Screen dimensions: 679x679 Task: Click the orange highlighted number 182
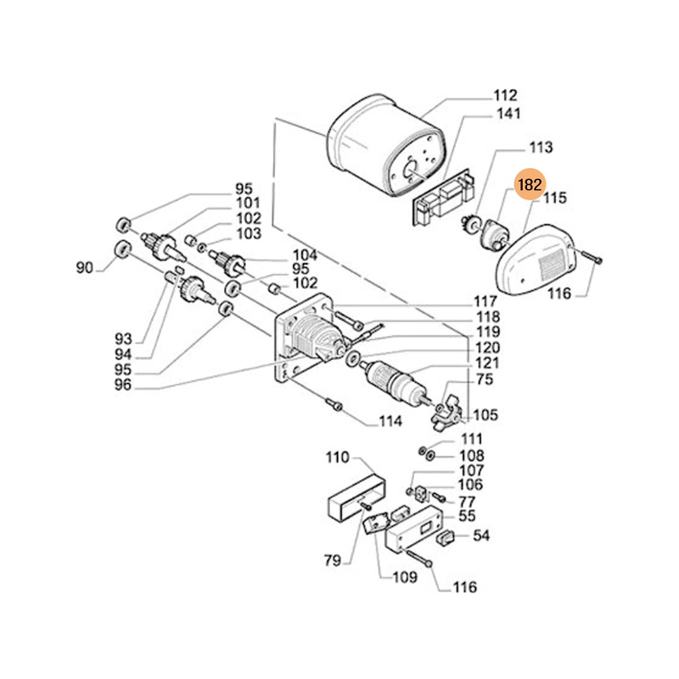(529, 184)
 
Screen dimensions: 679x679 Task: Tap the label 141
(509, 114)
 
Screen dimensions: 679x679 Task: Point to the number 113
(540, 147)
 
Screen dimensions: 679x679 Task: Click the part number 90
(84, 268)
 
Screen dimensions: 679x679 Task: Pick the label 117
(485, 301)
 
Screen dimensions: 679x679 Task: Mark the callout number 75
(485, 380)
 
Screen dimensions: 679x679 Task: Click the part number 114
(390, 421)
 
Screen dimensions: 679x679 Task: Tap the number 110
(337, 458)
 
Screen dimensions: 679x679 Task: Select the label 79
(332, 560)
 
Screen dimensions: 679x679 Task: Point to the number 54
(481, 536)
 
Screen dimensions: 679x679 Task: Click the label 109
(404, 578)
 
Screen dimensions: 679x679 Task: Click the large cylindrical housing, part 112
(373, 144)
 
